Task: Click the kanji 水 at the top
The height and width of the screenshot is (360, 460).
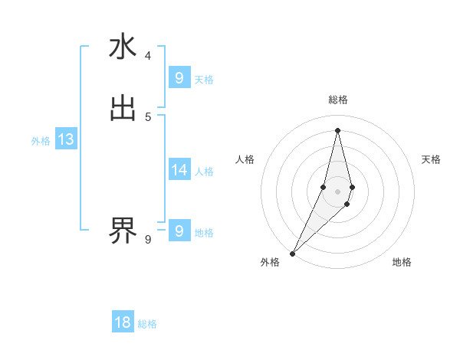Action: click(123, 48)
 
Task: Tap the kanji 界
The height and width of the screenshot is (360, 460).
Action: click(123, 228)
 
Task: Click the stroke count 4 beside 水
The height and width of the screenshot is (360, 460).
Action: click(148, 56)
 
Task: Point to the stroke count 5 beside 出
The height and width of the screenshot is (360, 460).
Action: click(148, 116)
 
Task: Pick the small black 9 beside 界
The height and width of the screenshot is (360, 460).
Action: click(148, 240)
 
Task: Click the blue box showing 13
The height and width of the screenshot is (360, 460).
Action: click(65, 140)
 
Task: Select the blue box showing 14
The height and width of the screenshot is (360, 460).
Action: click(179, 170)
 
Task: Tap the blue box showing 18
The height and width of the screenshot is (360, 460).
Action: click(123, 322)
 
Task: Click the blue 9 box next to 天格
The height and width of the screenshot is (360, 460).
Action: click(179, 78)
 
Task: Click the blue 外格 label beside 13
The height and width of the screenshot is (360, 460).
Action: click(41, 141)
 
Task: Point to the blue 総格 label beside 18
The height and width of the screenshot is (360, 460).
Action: click(147, 324)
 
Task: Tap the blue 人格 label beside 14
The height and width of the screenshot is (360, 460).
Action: click(204, 172)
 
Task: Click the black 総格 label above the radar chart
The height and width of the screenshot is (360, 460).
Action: click(338, 100)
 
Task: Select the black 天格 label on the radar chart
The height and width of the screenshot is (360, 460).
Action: click(431, 159)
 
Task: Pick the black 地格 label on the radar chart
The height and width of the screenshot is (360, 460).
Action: click(402, 262)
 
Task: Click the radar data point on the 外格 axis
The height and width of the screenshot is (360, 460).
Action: click(292, 253)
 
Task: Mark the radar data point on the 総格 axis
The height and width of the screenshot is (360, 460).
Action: click(337, 129)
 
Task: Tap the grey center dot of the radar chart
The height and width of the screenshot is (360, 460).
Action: click(337, 191)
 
